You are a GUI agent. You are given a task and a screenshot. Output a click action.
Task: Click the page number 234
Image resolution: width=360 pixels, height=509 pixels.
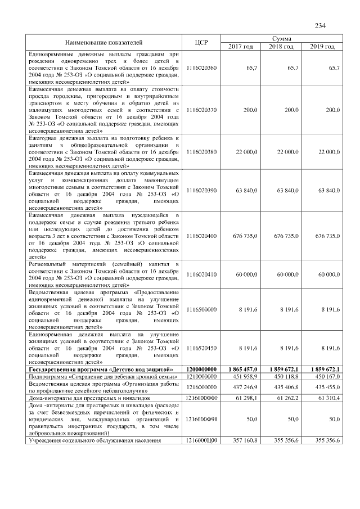321,25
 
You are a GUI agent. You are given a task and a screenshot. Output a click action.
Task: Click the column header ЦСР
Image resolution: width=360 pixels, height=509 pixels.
201,42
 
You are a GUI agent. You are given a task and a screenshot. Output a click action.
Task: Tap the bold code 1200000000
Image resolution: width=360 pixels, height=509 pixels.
201,369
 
